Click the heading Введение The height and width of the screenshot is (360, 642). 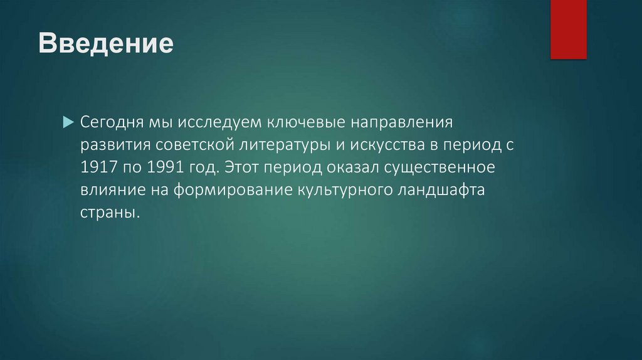(x=106, y=43)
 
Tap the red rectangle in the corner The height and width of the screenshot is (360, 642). (x=568, y=29)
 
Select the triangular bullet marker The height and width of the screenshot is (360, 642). (x=68, y=122)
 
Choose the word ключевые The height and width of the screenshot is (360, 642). (x=306, y=122)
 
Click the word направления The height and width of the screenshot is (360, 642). (x=402, y=122)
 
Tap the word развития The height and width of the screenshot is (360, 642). (x=115, y=145)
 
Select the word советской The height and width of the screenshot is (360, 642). (x=195, y=145)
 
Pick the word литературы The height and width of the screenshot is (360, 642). (x=285, y=145)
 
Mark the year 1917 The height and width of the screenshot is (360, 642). (x=98, y=167)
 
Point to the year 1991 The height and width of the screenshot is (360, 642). (x=166, y=167)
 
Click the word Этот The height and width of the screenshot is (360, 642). (x=243, y=167)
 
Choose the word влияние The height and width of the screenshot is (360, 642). (x=113, y=189)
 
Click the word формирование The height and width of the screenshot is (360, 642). (x=233, y=190)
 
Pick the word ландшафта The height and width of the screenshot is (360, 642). (x=441, y=190)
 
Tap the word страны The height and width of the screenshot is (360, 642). (x=110, y=213)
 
